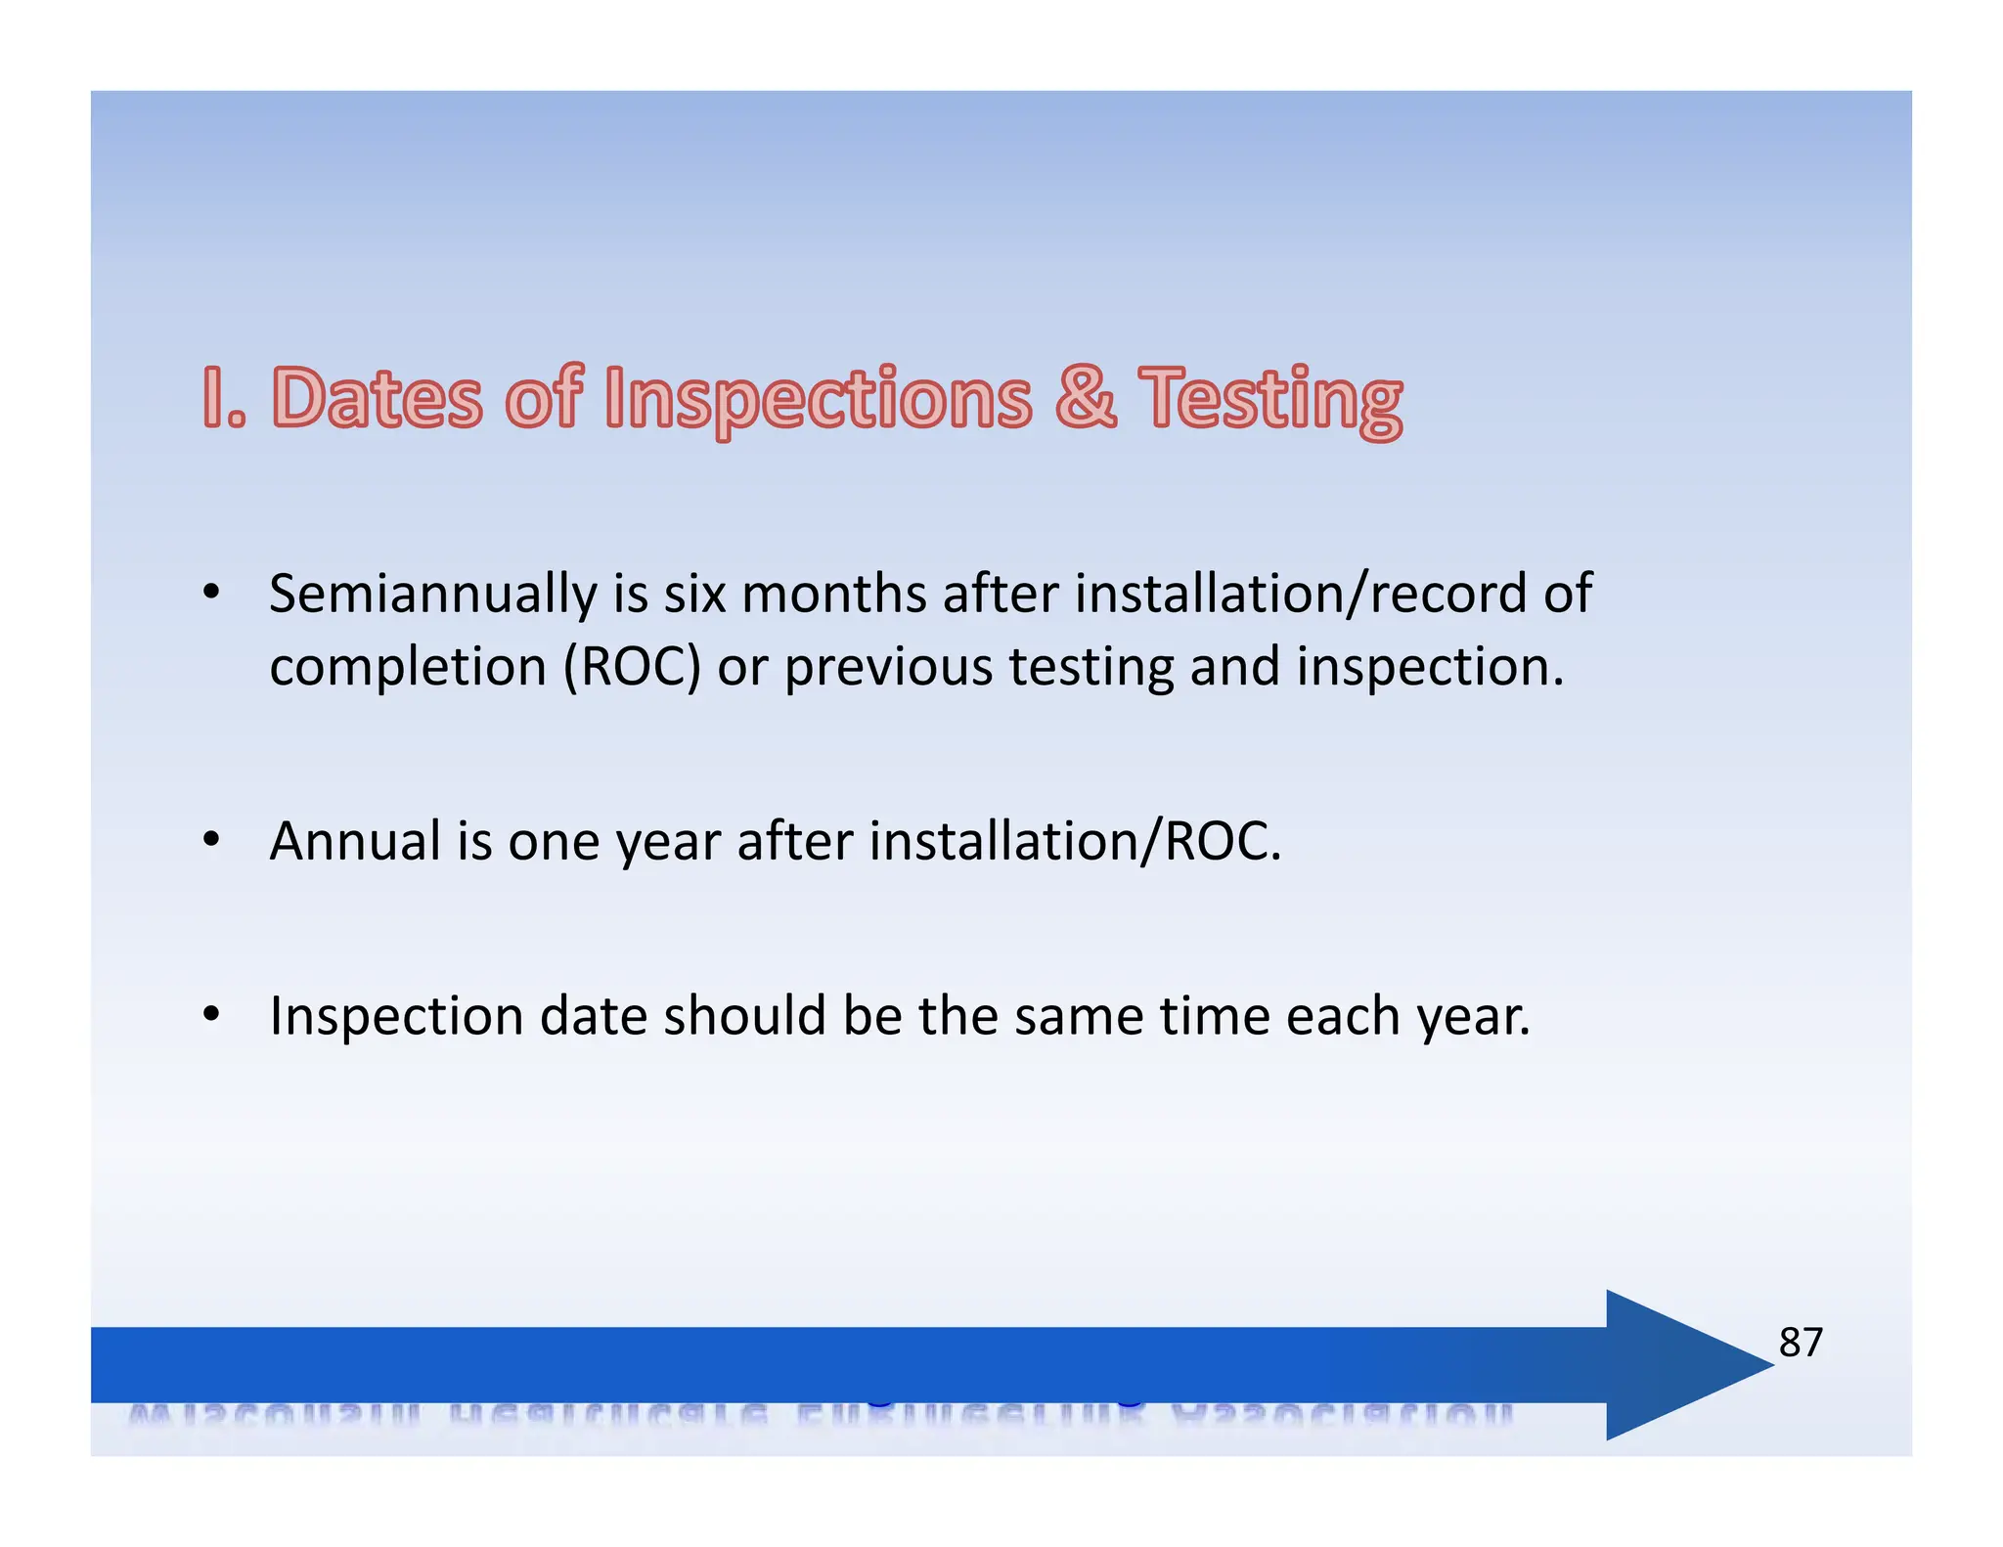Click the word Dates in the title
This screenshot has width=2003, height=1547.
(377, 398)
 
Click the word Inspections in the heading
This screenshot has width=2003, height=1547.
(818, 399)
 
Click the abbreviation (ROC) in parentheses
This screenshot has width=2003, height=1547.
(632, 667)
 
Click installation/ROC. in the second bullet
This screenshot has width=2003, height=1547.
(1074, 841)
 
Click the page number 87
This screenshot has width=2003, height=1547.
(1800, 1343)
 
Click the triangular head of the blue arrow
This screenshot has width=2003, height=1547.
(1672, 1364)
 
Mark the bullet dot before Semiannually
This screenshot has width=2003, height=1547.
(211, 593)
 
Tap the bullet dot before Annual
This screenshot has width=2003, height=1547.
(211, 840)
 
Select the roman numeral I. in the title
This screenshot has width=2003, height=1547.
(224, 398)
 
